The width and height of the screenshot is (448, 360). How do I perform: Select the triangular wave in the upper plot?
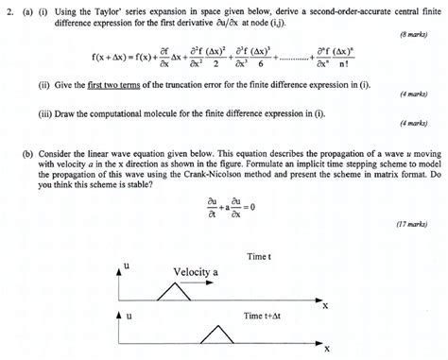coord(172,294)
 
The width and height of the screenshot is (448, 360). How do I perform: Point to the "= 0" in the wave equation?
coord(260,208)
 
